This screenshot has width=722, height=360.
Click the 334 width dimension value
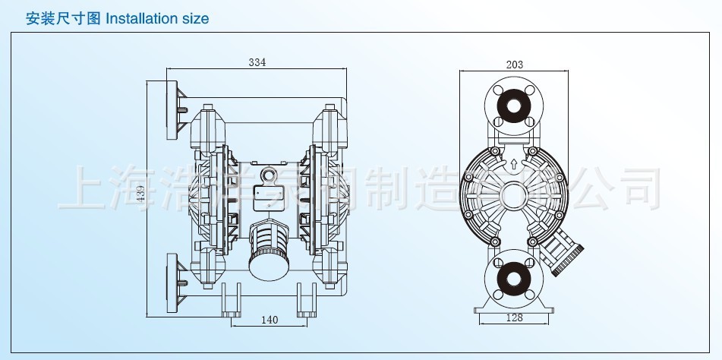(x=257, y=63)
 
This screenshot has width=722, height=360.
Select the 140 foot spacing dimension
(x=269, y=321)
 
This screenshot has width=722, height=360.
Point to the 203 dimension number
(x=514, y=65)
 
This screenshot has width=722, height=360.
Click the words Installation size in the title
(x=156, y=18)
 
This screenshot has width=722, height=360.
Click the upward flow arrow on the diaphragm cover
(x=514, y=163)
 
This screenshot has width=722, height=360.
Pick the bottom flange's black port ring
(x=514, y=277)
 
